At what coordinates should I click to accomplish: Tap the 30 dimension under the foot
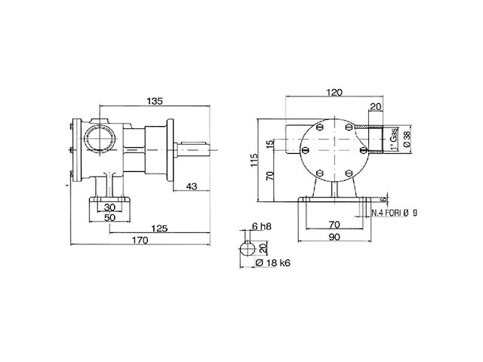coord(110,207)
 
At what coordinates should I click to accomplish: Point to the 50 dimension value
coord(110,218)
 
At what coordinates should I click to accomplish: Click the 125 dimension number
coord(158,229)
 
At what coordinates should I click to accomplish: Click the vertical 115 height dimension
coord(255,159)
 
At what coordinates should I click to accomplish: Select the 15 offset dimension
coord(268,144)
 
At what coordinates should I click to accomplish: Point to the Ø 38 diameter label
coord(406,138)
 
